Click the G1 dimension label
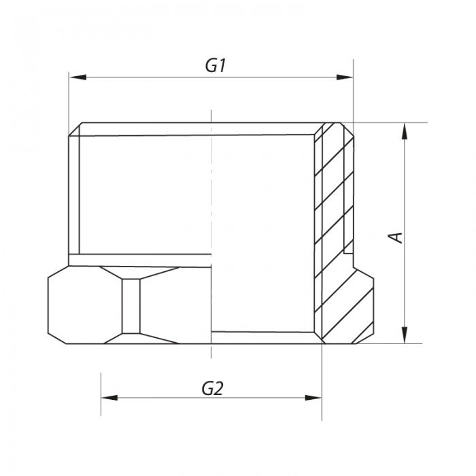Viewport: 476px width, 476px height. [x=215, y=66]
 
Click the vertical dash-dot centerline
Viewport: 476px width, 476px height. [x=211, y=204]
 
